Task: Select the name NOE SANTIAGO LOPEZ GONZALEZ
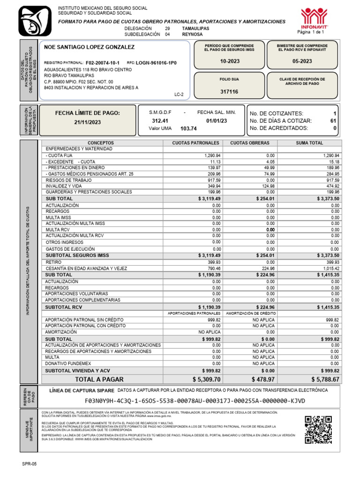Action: pyautogui.click(x=89, y=47)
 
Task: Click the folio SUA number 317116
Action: pyautogui.click(x=229, y=92)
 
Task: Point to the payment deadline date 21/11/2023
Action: pyautogui.click(x=88, y=122)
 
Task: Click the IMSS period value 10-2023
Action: pyautogui.click(x=229, y=61)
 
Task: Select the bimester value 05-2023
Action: pyautogui.click(x=302, y=61)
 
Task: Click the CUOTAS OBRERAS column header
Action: pyautogui.click(x=250, y=142)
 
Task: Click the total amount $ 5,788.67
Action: pyautogui.click(x=325, y=379)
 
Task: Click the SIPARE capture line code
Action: pyautogui.click(x=195, y=401)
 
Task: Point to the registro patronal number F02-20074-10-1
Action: pyautogui.click(x=102, y=62)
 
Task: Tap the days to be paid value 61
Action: pyautogui.click(x=333, y=120)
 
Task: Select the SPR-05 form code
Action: pyautogui.click(x=29, y=464)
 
